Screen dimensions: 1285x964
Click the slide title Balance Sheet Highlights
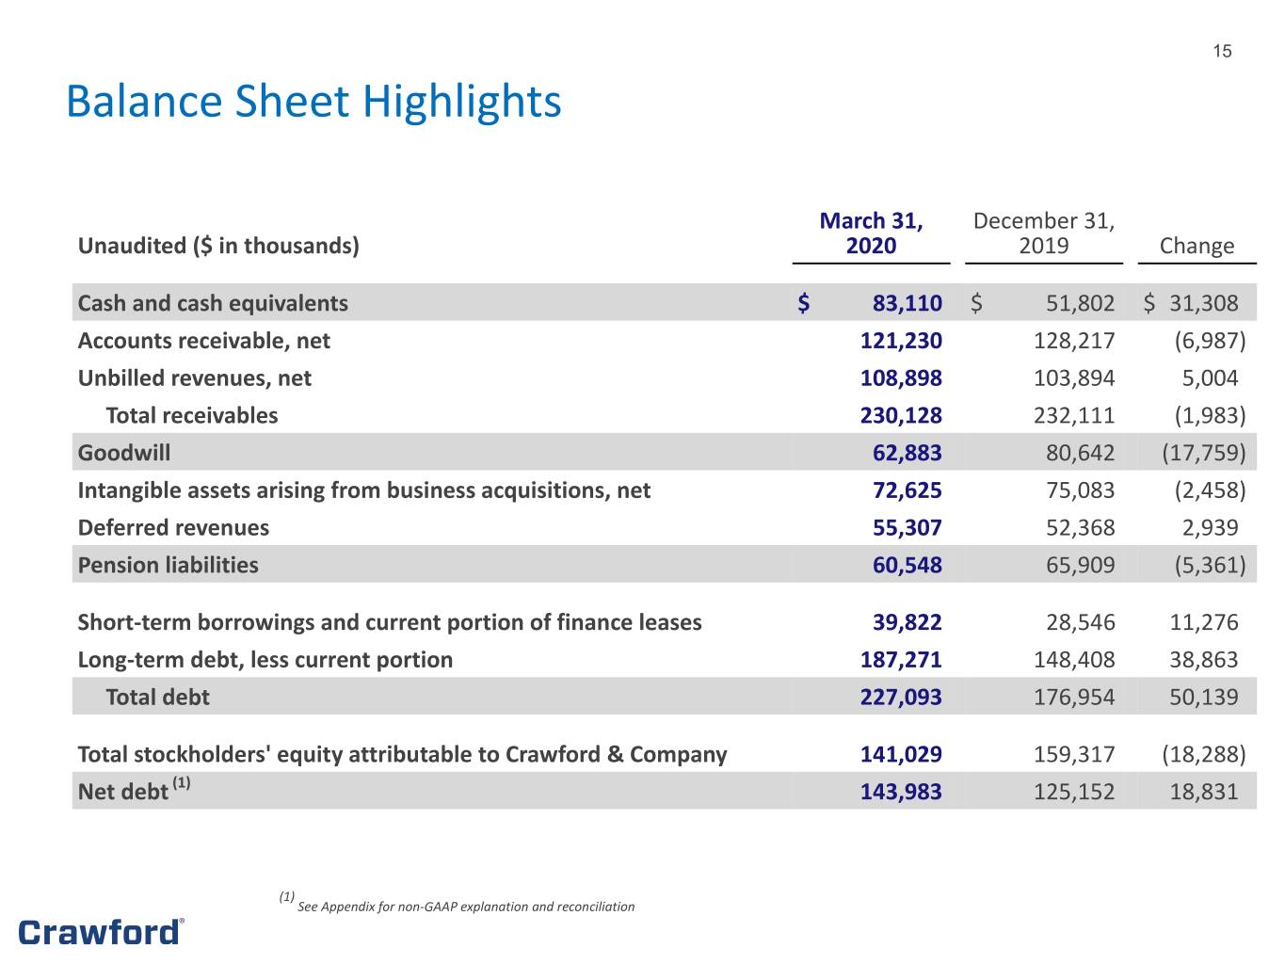coord(313,103)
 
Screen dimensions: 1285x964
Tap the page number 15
coord(1222,52)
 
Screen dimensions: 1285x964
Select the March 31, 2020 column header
coord(871,233)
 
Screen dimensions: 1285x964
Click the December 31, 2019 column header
coord(1044,233)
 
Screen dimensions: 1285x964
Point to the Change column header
coord(1197,246)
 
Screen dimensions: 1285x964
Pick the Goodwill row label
coord(124,453)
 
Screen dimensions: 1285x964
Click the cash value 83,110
coord(907,303)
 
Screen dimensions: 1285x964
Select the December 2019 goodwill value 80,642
coord(1080,453)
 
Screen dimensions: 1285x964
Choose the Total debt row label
coord(157,697)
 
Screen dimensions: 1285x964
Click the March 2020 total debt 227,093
coord(901,697)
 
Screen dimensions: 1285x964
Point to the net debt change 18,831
coord(1204,792)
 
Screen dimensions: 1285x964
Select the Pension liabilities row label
coord(168,566)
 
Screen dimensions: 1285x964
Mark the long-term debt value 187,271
coord(901,660)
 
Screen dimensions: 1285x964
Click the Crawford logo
coord(101,932)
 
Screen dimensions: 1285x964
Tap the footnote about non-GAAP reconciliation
coord(457,903)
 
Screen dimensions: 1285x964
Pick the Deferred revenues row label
coord(173,528)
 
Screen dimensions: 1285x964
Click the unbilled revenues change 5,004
coord(1210,378)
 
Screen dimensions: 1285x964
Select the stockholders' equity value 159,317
coord(1074,754)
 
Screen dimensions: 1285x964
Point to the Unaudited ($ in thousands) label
coord(218,246)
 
